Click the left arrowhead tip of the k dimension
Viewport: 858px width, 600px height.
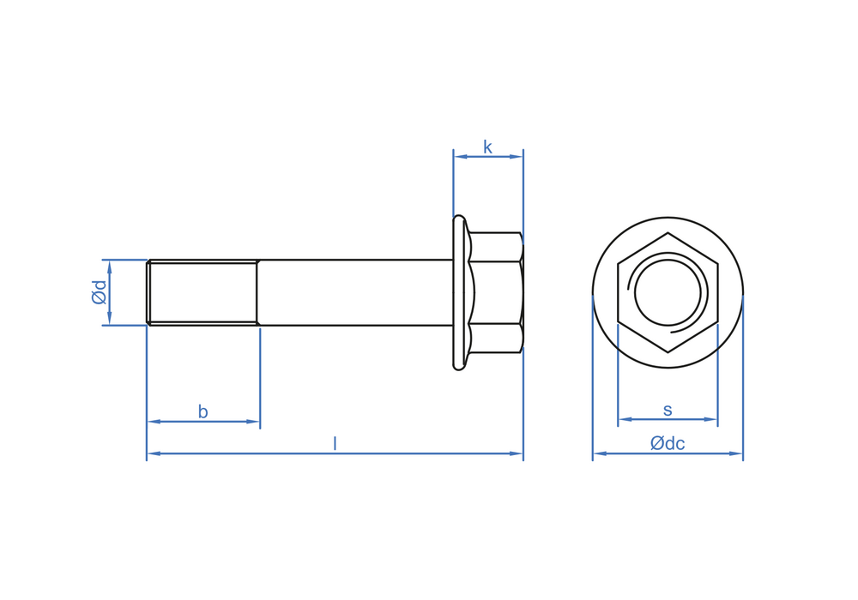(454, 157)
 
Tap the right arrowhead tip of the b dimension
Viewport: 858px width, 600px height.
(259, 422)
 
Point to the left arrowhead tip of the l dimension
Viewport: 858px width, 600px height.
(148, 453)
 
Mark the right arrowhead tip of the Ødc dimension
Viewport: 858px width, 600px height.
(742, 453)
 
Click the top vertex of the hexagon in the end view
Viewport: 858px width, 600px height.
(668, 233)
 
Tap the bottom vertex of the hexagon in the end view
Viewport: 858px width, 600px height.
(668, 351)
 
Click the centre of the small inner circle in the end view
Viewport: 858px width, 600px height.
(668, 292)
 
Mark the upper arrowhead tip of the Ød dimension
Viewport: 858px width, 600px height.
(110, 261)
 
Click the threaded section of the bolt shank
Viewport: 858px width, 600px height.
(203, 292)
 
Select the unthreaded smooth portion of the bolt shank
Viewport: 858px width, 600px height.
(355, 292)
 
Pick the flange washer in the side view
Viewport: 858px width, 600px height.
(460, 292)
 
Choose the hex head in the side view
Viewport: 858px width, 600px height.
(496, 292)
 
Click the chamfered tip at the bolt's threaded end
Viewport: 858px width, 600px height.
(148, 292)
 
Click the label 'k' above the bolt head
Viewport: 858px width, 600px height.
(487, 147)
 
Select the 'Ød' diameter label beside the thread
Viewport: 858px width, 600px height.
(99, 292)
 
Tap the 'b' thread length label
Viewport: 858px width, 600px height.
(203, 411)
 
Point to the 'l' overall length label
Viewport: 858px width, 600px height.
(335, 443)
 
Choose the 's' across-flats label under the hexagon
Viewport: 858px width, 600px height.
(668, 410)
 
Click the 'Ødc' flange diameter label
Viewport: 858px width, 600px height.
(668, 443)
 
